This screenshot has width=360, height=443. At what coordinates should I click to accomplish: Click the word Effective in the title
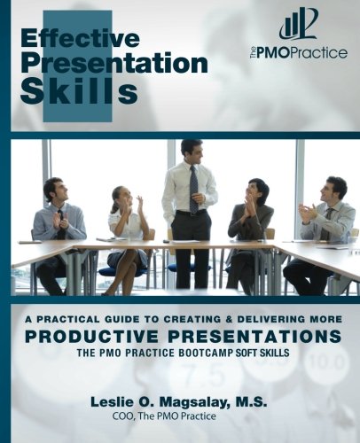(80, 39)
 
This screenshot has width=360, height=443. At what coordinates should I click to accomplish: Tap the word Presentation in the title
(114, 64)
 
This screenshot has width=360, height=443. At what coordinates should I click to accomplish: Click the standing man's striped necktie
(193, 190)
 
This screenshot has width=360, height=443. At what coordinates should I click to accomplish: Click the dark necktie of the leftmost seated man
(61, 223)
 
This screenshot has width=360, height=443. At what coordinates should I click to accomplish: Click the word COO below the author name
(122, 416)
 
